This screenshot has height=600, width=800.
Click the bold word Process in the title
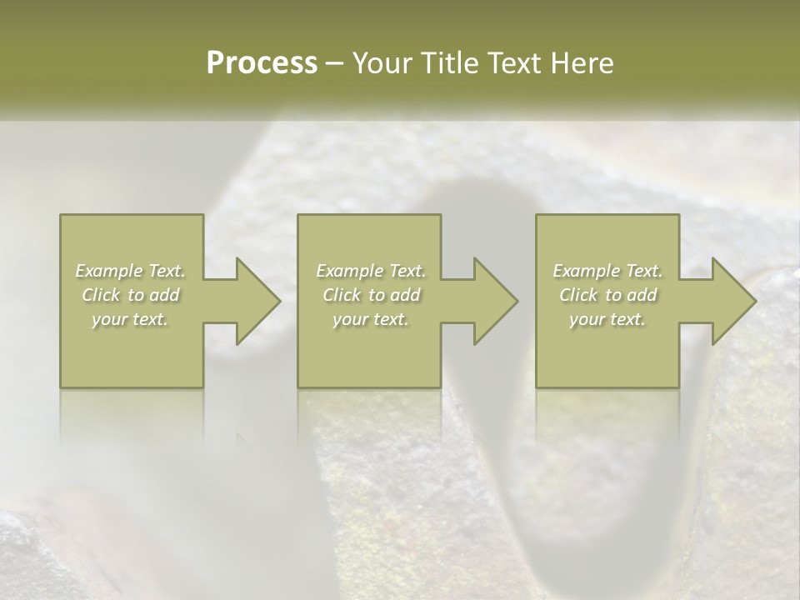tap(262, 63)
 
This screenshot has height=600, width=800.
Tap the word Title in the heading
tap(450, 63)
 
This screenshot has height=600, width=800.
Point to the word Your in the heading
tap(387, 63)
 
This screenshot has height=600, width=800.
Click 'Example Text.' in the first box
tap(130, 271)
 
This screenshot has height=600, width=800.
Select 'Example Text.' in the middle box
tap(370, 271)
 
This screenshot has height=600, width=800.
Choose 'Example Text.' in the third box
tap(607, 271)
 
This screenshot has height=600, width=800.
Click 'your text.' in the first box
tap(130, 319)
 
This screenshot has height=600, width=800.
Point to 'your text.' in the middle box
tap(370, 319)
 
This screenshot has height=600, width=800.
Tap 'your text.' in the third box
tap(607, 319)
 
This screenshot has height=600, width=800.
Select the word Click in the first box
tap(101, 295)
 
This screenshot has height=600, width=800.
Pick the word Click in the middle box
tap(341, 295)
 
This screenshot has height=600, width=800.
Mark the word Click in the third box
tap(578, 295)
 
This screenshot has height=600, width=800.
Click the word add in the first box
tap(165, 295)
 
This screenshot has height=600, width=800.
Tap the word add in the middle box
tap(405, 295)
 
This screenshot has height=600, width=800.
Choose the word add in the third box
tap(642, 295)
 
